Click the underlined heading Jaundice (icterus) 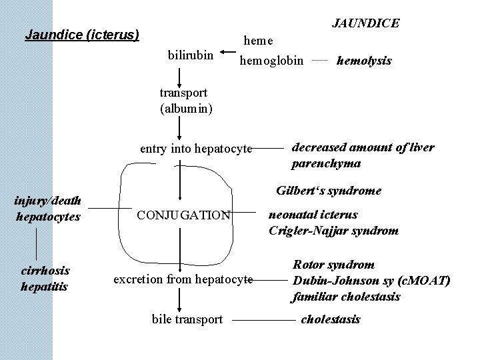81,34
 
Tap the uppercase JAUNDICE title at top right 366,23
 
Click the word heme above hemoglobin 258,41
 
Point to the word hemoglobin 271,61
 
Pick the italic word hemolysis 364,61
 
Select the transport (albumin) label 186,100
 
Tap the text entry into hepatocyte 196,149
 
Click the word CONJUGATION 183,215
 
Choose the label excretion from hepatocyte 183,279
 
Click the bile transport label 187,319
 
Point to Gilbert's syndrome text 329,191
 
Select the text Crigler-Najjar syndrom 333,231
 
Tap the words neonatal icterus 313,215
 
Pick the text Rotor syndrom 334,265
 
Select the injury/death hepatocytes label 48,208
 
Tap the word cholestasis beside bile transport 331,319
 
